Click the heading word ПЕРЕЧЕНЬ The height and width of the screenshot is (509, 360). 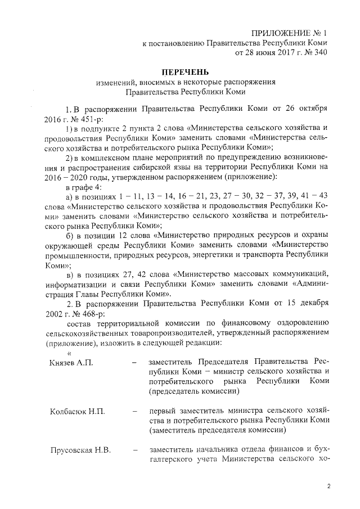(x=185, y=72)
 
